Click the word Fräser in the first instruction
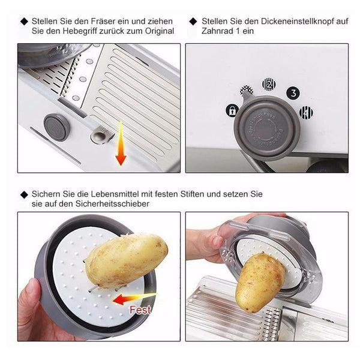click(x=103, y=22)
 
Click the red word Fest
click(x=140, y=310)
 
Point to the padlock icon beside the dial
click(x=232, y=110)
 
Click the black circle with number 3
click(x=293, y=93)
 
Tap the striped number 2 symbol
click(x=269, y=85)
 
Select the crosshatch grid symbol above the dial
click(x=247, y=91)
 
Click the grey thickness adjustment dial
click(x=267, y=128)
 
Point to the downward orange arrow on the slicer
click(x=121, y=143)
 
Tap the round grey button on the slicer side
click(x=56, y=127)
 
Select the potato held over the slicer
click(x=260, y=282)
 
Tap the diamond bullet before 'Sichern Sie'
click(x=24, y=194)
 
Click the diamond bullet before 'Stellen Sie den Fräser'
click(x=24, y=22)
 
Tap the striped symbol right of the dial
click(x=306, y=113)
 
